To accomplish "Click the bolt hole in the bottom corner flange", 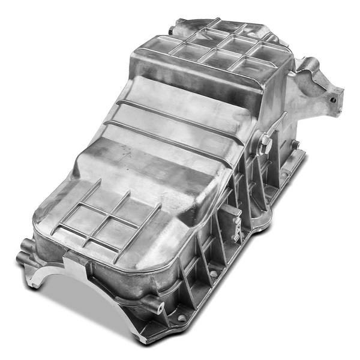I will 181,317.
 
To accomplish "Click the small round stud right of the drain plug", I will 295,144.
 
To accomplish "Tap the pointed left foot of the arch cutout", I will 35,283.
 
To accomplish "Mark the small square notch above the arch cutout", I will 70,257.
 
